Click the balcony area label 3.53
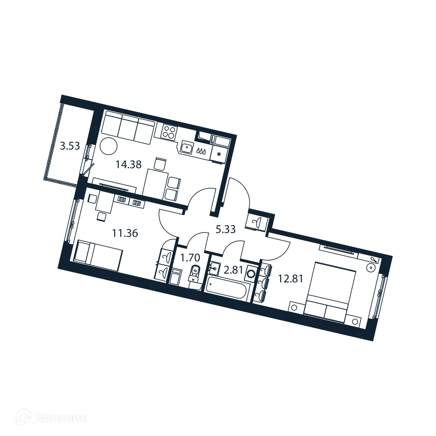coord(70,146)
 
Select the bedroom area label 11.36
coord(125,233)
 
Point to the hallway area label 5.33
coord(226,229)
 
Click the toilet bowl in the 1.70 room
coord(194,272)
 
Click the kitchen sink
coord(187,147)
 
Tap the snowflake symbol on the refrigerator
coord(219,154)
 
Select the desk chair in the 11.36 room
coord(101,217)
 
